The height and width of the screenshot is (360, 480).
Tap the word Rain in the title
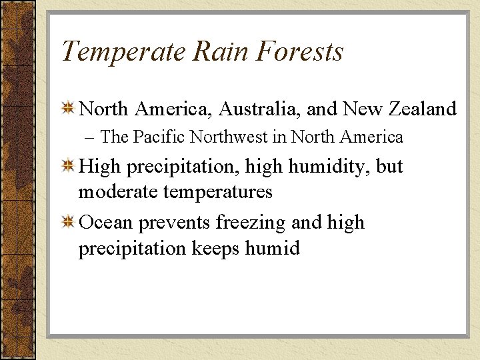tap(210, 51)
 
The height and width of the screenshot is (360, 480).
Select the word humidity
tap(315, 167)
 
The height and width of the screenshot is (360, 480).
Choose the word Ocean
tap(106, 222)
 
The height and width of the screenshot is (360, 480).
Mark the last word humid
tap(273, 249)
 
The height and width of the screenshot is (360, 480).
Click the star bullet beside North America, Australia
tap(67, 109)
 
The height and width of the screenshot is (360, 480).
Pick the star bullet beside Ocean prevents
tap(67, 223)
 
